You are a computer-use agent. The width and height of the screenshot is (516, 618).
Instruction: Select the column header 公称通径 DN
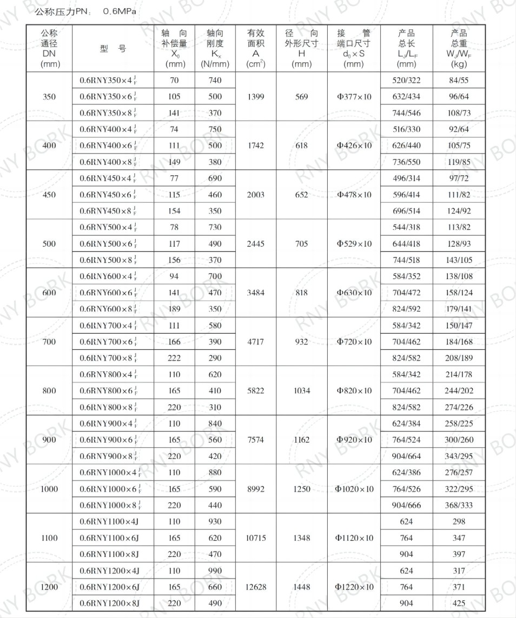[x=49, y=49]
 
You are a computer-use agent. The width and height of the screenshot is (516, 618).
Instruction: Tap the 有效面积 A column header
[x=255, y=49]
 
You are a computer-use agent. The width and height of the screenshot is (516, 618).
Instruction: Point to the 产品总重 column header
[x=459, y=49]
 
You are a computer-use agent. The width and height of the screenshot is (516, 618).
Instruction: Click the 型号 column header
[x=113, y=49]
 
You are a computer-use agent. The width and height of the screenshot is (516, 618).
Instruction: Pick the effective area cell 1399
[x=255, y=97]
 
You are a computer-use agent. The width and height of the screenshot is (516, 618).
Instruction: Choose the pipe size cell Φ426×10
[x=354, y=146]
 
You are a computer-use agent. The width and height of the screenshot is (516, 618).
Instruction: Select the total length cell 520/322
[x=406, y=81]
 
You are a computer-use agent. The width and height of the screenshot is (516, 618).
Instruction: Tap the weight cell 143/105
[x=459, y=260]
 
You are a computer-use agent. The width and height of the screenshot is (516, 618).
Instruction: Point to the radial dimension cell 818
[x=302, y=293]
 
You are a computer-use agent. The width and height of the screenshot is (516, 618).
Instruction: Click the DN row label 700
[x=49, y=342]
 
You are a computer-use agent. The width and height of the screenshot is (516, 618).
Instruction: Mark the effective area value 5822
[x=255, y=390]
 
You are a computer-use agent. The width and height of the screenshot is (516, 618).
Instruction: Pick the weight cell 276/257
[x=459, y=473]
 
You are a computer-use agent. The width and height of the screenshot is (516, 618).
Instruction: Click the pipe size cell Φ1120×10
[x=354, y=538]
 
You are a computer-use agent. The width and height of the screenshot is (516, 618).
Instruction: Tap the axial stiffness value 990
[x=215, y=571]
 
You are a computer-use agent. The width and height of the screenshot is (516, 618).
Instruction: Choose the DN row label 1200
[x=49, y=587]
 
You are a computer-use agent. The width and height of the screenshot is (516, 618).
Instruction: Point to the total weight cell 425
[x=459, y=603]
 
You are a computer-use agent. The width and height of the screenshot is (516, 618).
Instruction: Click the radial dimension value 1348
[x=302, y=538]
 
